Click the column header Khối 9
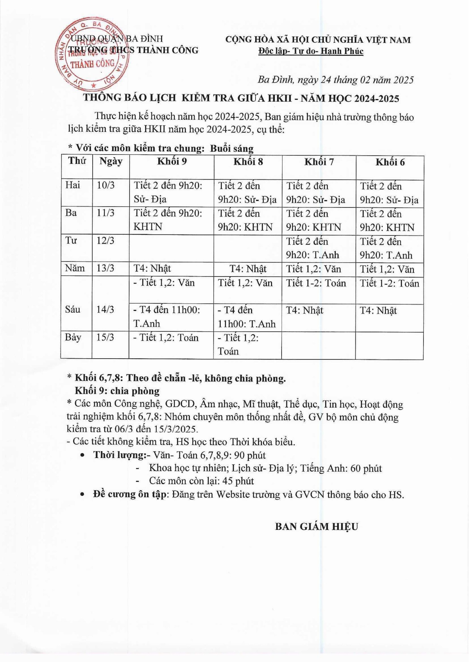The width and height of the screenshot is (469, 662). (172, 162)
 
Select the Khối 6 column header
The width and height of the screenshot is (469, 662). (390, 162)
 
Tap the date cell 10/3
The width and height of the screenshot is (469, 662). (106, 185)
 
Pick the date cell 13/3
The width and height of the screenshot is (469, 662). (105, 268)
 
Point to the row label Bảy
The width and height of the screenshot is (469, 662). (73, 337)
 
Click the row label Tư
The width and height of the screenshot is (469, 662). (71, 241)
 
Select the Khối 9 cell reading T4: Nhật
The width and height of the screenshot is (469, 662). (152, 268)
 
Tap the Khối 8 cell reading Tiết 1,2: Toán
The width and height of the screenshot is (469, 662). (238, 344)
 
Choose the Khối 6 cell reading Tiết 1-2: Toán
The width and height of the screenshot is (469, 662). (389, 283)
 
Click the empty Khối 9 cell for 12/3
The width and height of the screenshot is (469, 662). (172, 248)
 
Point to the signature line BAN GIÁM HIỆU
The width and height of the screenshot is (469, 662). (316, 527)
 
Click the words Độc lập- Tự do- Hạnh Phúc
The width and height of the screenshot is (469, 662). (311, 51)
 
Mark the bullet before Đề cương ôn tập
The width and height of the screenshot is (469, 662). (82, 494)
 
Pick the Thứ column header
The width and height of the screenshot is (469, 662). (77, 161)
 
